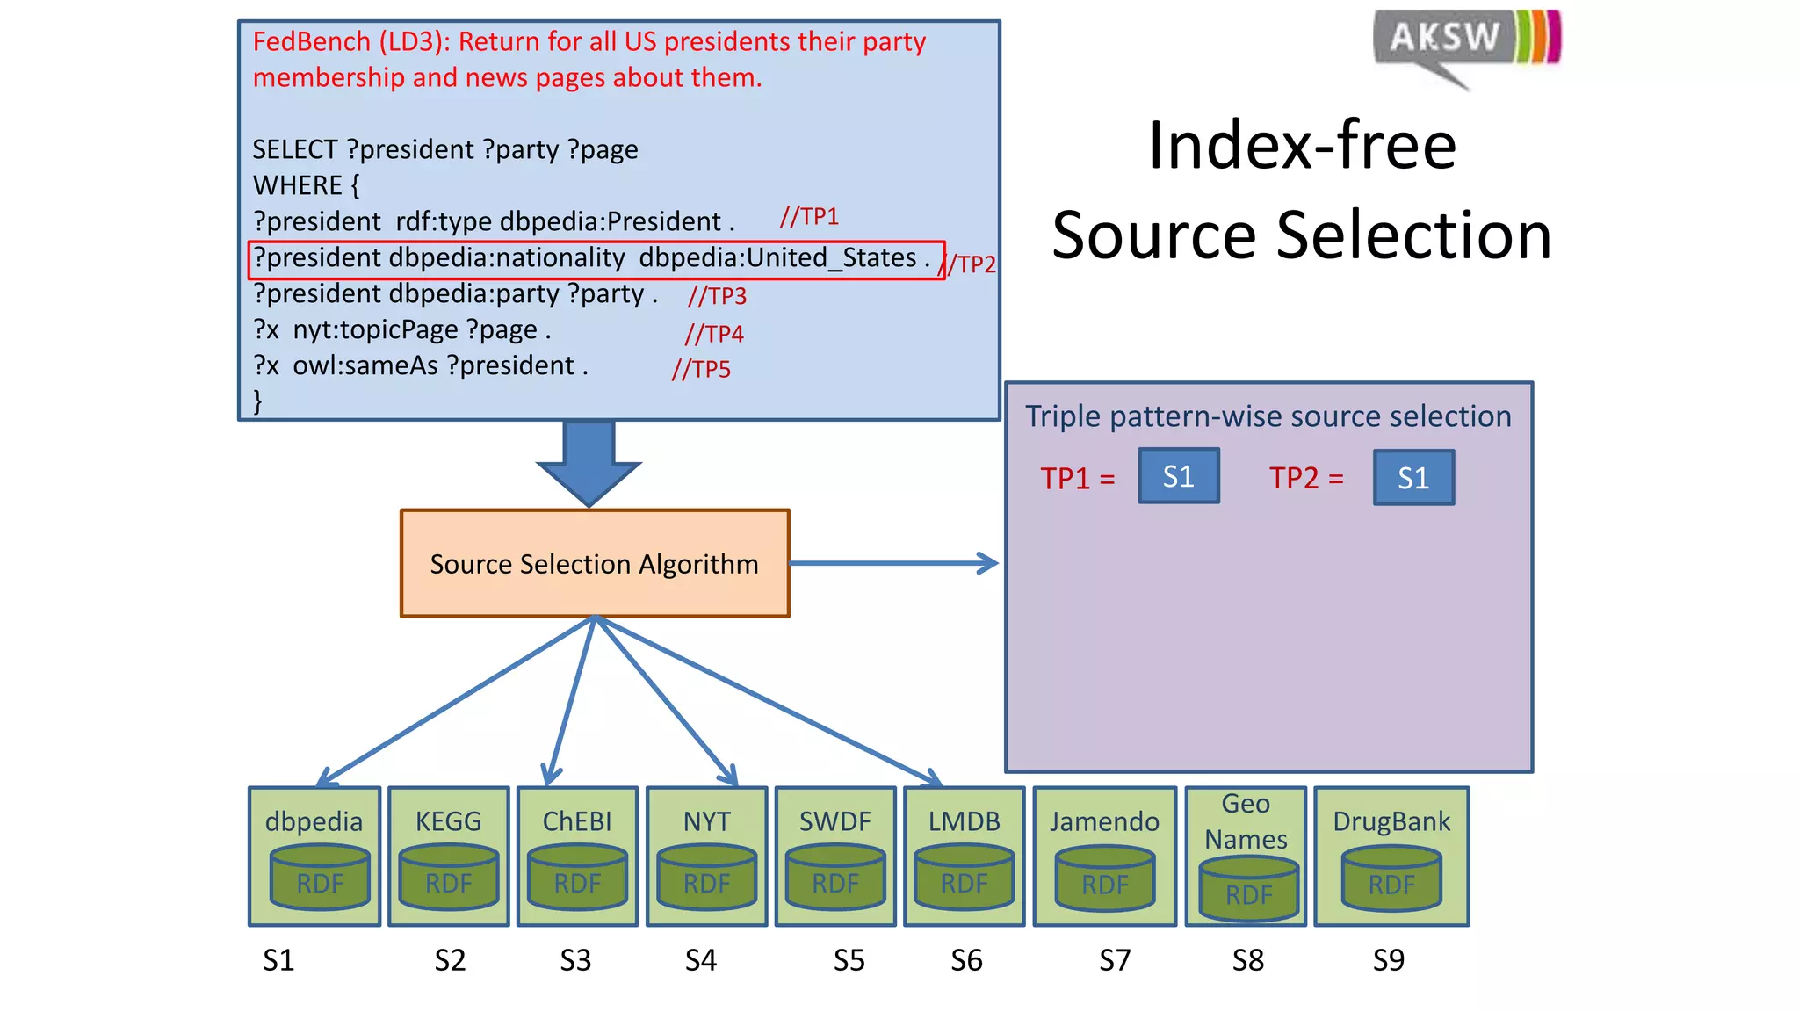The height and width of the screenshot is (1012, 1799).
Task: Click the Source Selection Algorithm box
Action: (x=595, y=563)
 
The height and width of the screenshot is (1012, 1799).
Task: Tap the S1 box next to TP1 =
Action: (x=1179, y=476)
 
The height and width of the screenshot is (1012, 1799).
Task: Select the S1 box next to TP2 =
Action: (x=1413, y=477)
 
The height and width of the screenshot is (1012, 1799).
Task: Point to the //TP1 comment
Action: (x=809, y=216)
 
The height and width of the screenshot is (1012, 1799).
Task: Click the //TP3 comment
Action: (x=717, y=296)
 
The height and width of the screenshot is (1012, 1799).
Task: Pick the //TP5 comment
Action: (x=701, y=369)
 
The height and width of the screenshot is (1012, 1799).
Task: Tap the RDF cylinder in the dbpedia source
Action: (x=319, y=878)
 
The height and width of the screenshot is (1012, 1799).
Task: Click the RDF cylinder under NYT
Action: (x=706, y=878)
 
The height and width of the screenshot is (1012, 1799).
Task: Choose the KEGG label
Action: (x=449, y=821)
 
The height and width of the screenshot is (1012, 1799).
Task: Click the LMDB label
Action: (x=965, y=821)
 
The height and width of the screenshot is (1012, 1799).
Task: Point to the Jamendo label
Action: (x=1104, y=821)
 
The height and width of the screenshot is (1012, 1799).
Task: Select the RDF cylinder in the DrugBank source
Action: (x=1391, y=878)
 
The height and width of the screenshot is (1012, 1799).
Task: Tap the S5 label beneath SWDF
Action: (x=849, y=960)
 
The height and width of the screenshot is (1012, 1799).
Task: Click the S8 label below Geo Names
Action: (x=1247, y=960)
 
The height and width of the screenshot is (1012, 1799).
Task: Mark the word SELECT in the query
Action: (x=295, y=149)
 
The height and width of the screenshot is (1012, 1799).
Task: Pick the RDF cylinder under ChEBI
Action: (x=577, y=878)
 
